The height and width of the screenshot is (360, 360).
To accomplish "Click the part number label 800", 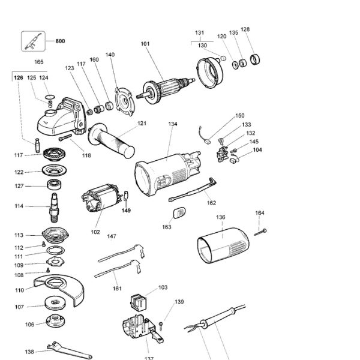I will (60, 41).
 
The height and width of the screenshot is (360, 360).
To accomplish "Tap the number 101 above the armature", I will (145, 44).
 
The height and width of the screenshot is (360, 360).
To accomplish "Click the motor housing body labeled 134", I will (165, 175).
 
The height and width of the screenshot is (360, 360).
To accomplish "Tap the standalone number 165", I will (39, 62).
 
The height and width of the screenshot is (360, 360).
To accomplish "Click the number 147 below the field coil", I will (112, 236).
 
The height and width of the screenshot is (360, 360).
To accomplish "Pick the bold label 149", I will (126, 211).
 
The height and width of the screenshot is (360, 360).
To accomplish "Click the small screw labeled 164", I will (261, 232).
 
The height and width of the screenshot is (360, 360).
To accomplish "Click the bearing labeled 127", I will (56, 185).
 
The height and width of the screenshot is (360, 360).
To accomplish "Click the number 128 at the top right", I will (245, 29).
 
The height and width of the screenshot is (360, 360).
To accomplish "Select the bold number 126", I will (19, 77).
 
